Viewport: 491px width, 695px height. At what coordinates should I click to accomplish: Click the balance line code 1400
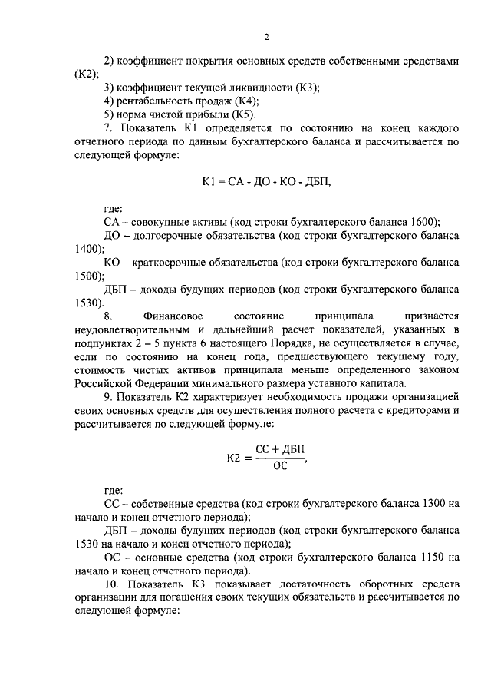82,249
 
